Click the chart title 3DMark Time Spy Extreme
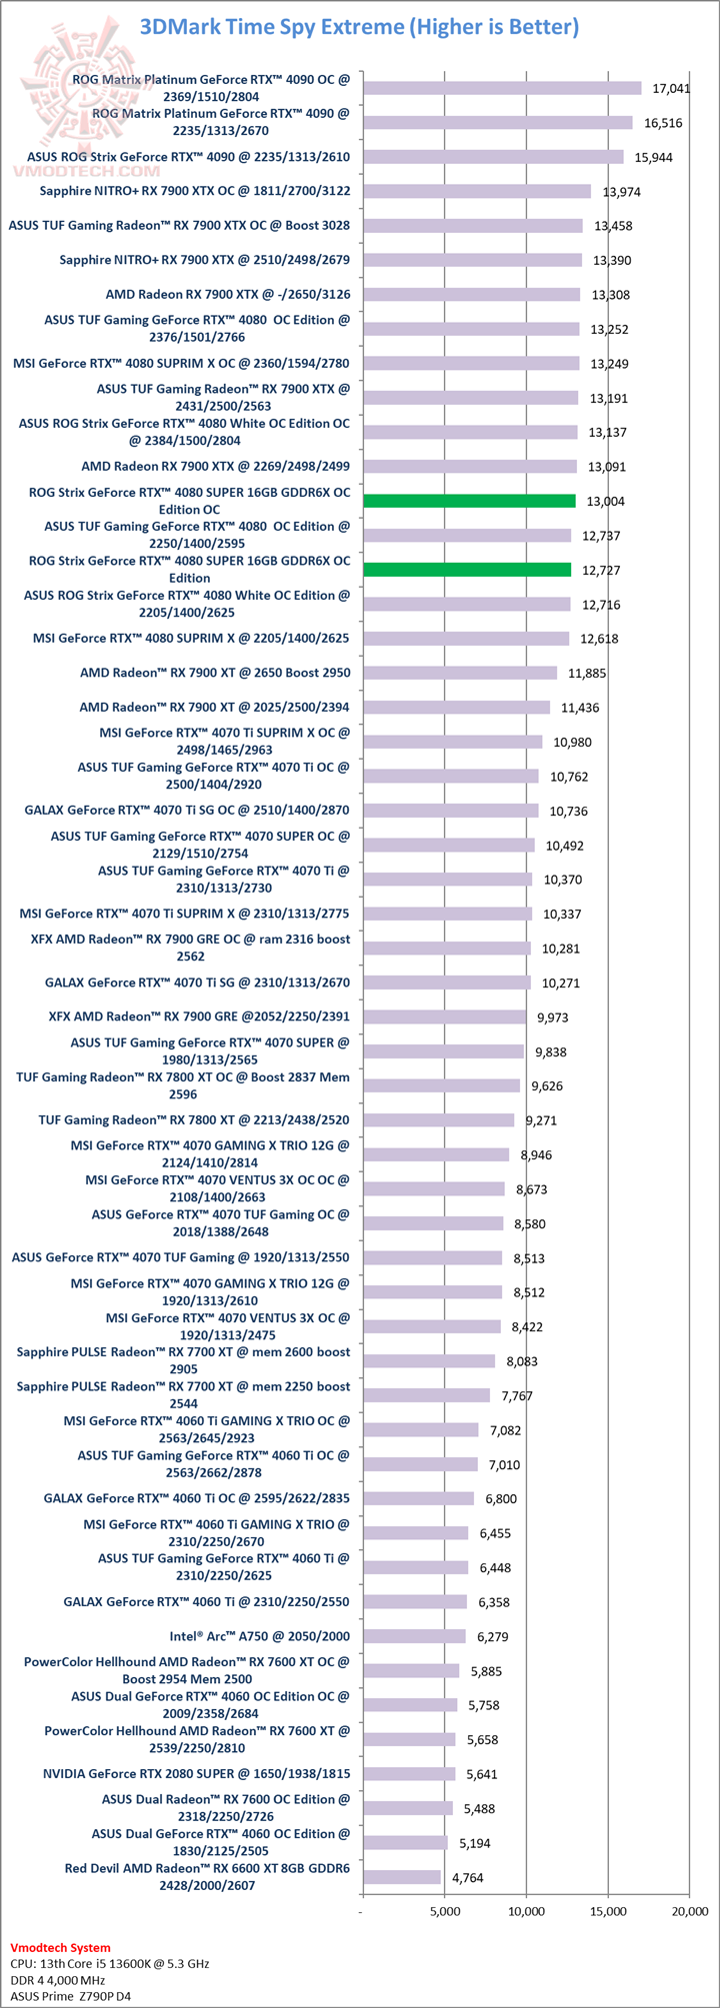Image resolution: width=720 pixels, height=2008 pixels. coord(359,27)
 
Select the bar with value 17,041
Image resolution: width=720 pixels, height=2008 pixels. coord(501,88)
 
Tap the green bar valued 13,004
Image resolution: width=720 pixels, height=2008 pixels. coord(469,501)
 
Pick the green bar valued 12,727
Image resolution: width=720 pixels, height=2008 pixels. coord(467,570)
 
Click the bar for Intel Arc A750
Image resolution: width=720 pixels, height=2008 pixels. coord(414,1636)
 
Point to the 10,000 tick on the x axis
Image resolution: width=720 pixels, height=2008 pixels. coord(526,1911)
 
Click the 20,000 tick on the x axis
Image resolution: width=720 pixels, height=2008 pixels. coord(689,1911)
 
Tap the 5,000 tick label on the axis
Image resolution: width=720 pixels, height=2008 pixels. coord(444,1911)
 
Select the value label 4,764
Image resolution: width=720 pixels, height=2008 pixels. coord(467,1877)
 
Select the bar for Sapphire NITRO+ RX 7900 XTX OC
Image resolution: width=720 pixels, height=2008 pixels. coord(476,191)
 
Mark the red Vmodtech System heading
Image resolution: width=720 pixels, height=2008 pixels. coord(60,1947)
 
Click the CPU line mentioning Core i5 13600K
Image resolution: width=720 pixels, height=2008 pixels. coord(109,1963)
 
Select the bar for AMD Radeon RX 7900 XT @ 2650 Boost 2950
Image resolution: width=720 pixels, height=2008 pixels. coord(459,673)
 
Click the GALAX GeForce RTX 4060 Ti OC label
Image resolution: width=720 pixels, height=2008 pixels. coord(196,1498)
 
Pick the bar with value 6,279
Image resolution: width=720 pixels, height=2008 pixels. coord(414,1636)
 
